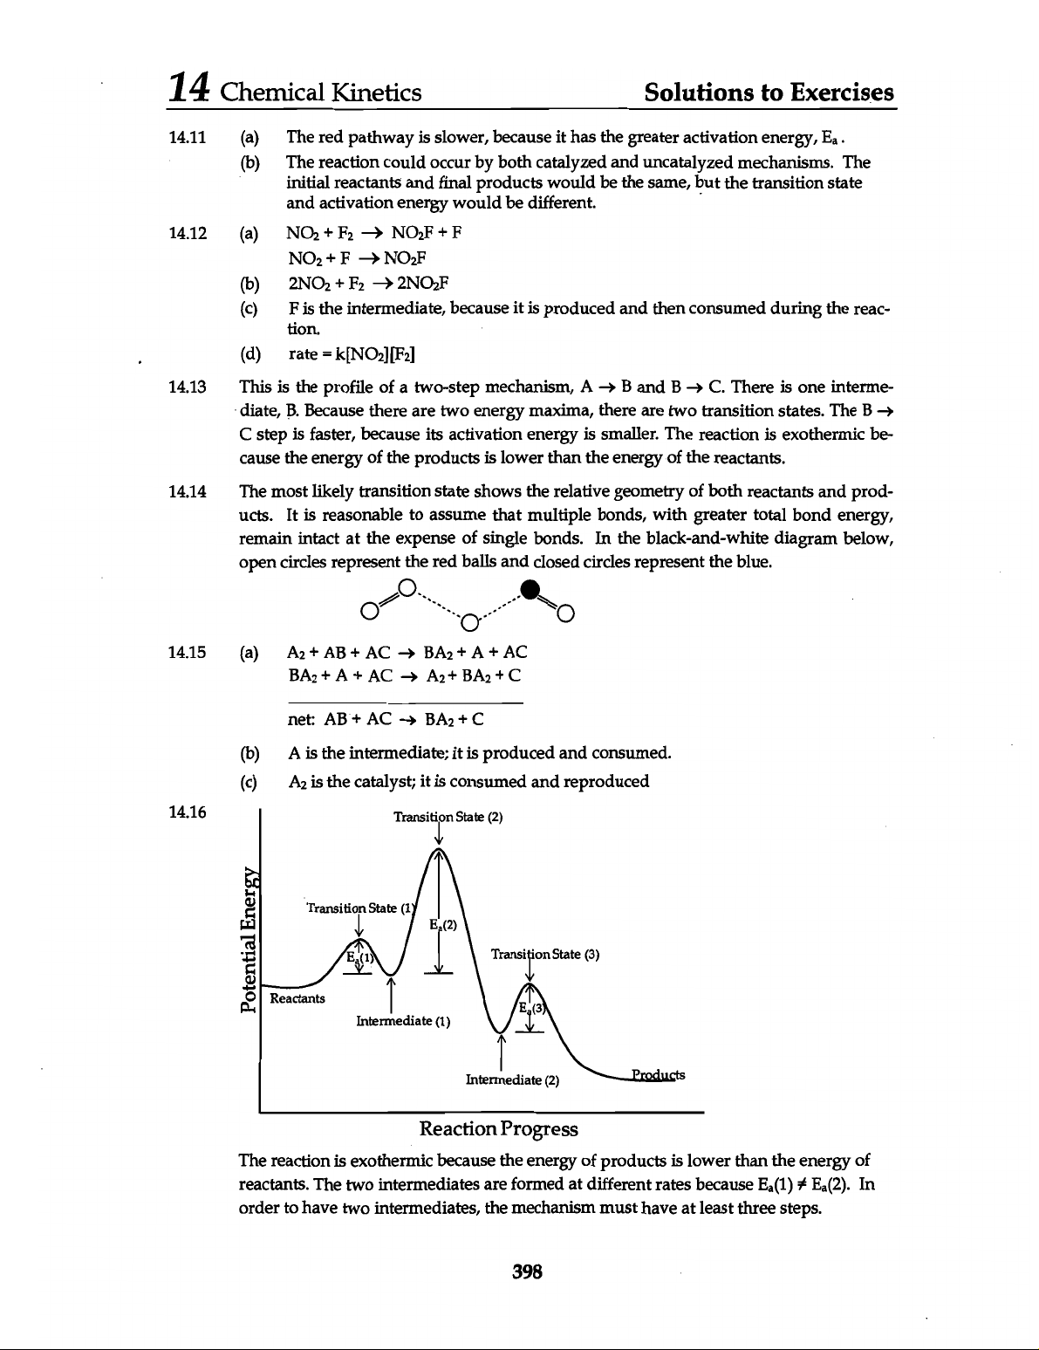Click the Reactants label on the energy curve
(x=297, y=997)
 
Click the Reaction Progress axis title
(x=499, y=1129)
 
